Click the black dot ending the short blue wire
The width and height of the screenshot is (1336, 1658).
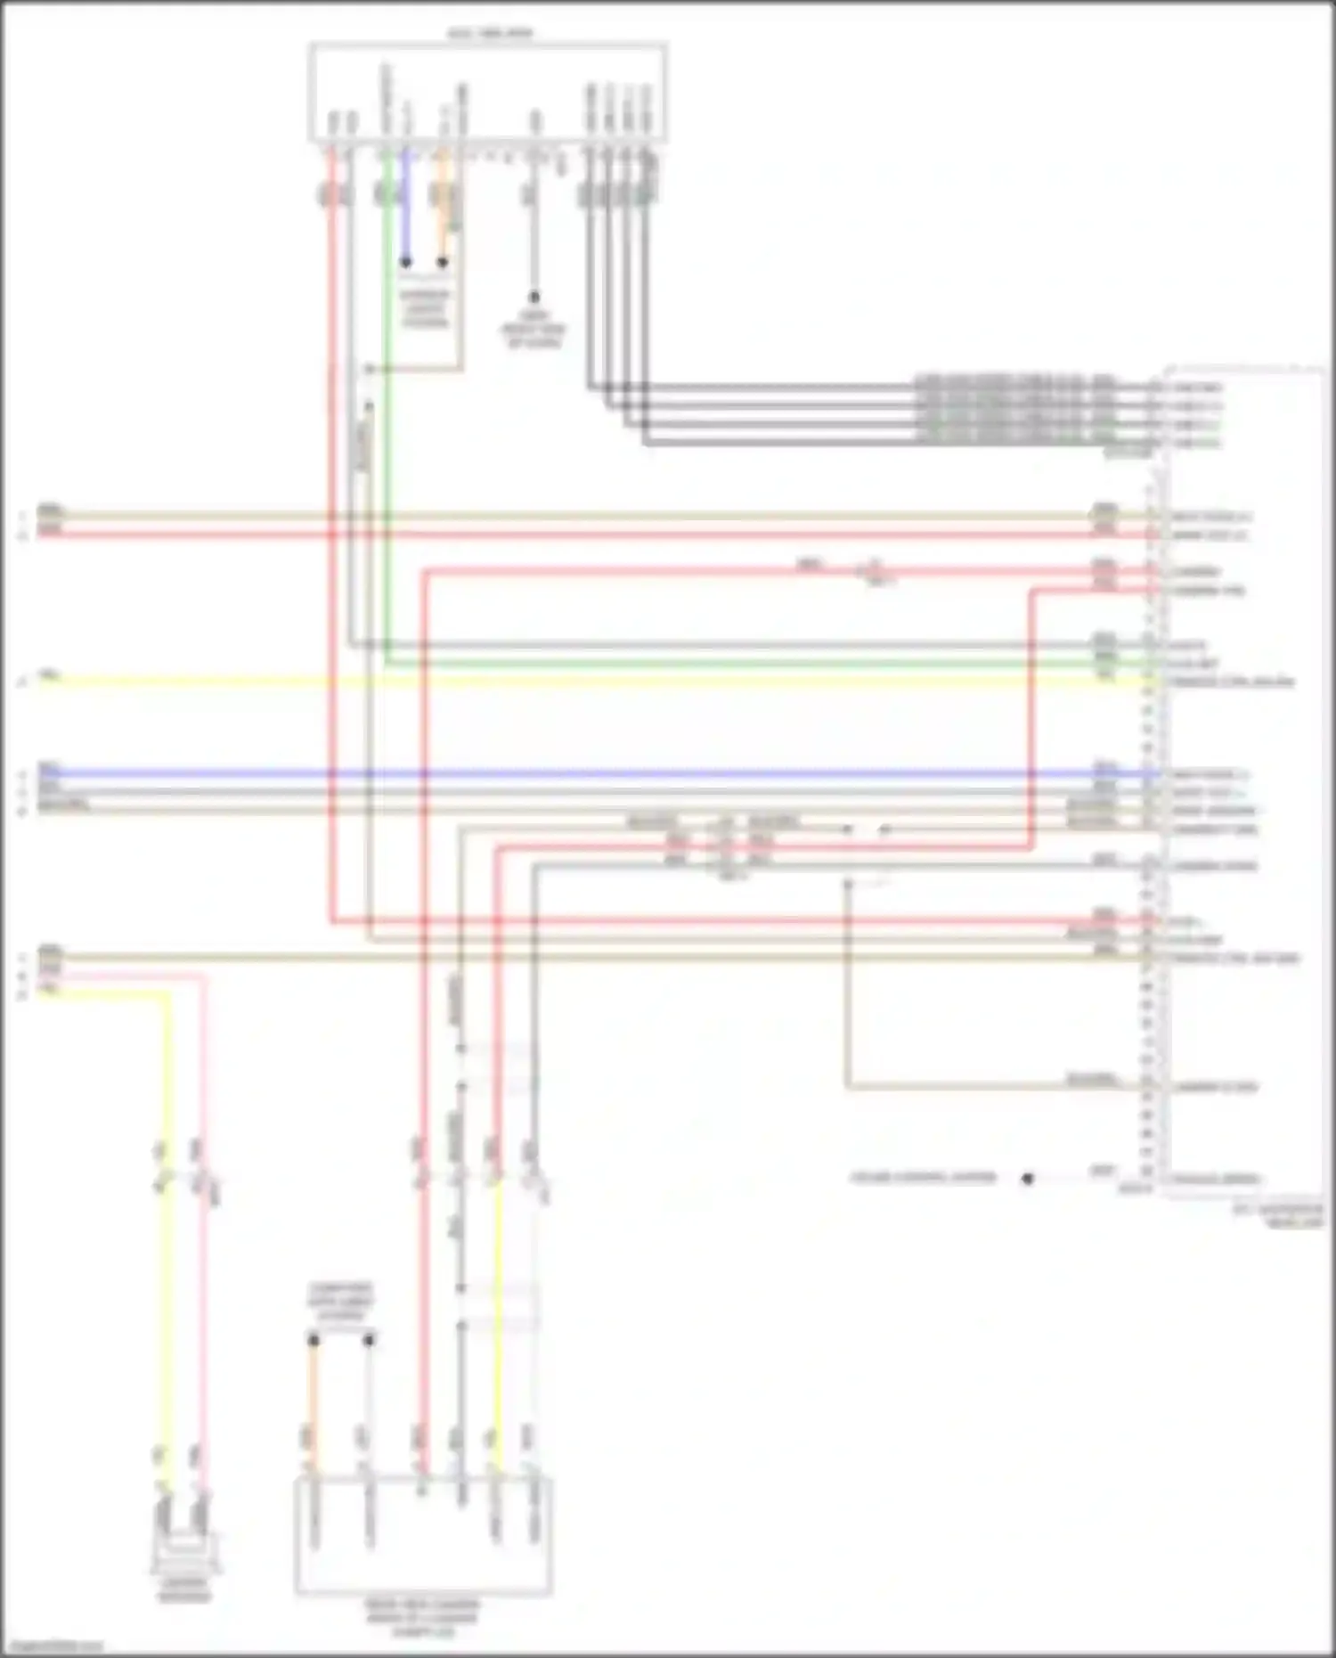405,263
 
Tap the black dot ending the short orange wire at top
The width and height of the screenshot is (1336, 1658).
443,263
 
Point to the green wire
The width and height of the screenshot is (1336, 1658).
387,445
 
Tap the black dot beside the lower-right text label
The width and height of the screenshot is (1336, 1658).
1028,1178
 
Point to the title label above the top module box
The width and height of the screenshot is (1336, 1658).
489,34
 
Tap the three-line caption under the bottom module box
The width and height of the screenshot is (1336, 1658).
422,1618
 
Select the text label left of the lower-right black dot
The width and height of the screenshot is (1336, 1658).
923,1178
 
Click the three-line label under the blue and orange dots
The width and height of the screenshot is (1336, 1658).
425,307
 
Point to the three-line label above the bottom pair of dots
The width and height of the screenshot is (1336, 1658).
341,1302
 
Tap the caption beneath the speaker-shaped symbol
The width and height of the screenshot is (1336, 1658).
184,1589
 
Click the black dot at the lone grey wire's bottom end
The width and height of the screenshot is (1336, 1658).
534,297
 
